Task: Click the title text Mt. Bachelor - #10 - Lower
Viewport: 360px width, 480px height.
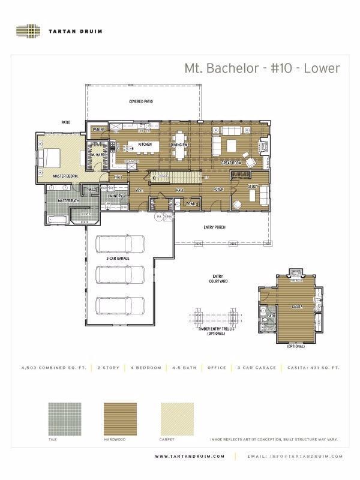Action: (x=262, y=68)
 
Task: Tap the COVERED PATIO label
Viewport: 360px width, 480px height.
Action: (x=141, y=101)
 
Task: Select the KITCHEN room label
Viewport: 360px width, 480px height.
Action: (x=145, y=145)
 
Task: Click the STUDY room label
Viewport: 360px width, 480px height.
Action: (x=253, y=187)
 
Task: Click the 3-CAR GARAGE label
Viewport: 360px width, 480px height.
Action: (x=118, y=258)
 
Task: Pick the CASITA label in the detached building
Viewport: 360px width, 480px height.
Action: (x=296, y=307)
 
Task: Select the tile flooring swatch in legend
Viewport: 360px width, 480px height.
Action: (x=64, y=418)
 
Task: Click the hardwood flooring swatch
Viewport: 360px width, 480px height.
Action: (x=120, y=418)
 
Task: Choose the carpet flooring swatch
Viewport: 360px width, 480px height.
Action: (x=176, y=418)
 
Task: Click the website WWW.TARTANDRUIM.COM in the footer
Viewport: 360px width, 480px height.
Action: (x=190, y=457)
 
